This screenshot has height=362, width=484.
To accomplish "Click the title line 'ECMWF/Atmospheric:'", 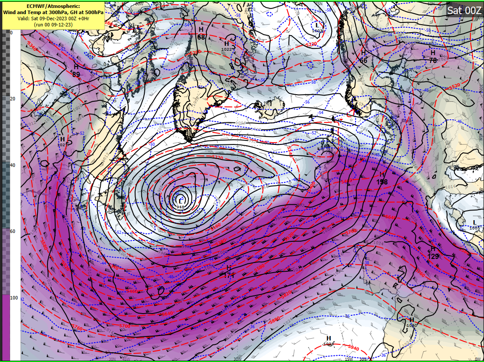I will (53, 7).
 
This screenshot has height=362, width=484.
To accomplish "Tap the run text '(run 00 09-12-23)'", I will (53, 25).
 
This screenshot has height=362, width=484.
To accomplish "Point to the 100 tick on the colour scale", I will (14, 298).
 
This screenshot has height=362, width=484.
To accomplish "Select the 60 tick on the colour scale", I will (13, 232).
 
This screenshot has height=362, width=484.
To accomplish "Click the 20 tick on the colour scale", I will (13, 99).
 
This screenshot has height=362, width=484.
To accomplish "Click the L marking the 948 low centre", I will (180, 201).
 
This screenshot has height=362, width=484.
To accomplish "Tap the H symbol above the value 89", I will (76, 67).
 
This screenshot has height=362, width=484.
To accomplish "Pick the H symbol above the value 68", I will (201, 29).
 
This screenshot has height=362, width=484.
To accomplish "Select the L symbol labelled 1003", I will (317, 25).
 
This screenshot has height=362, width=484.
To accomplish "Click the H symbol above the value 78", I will (433, 52).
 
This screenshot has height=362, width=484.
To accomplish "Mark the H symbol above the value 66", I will (363, 53).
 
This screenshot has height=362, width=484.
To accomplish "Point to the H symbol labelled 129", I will (433, 249).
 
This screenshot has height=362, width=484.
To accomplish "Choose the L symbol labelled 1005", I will (474, 222).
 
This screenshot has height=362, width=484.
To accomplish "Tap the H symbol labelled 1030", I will (411, 320).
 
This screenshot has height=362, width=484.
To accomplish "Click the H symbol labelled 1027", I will (62, 139).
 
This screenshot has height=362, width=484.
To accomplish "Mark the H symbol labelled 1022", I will (227, 44).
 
